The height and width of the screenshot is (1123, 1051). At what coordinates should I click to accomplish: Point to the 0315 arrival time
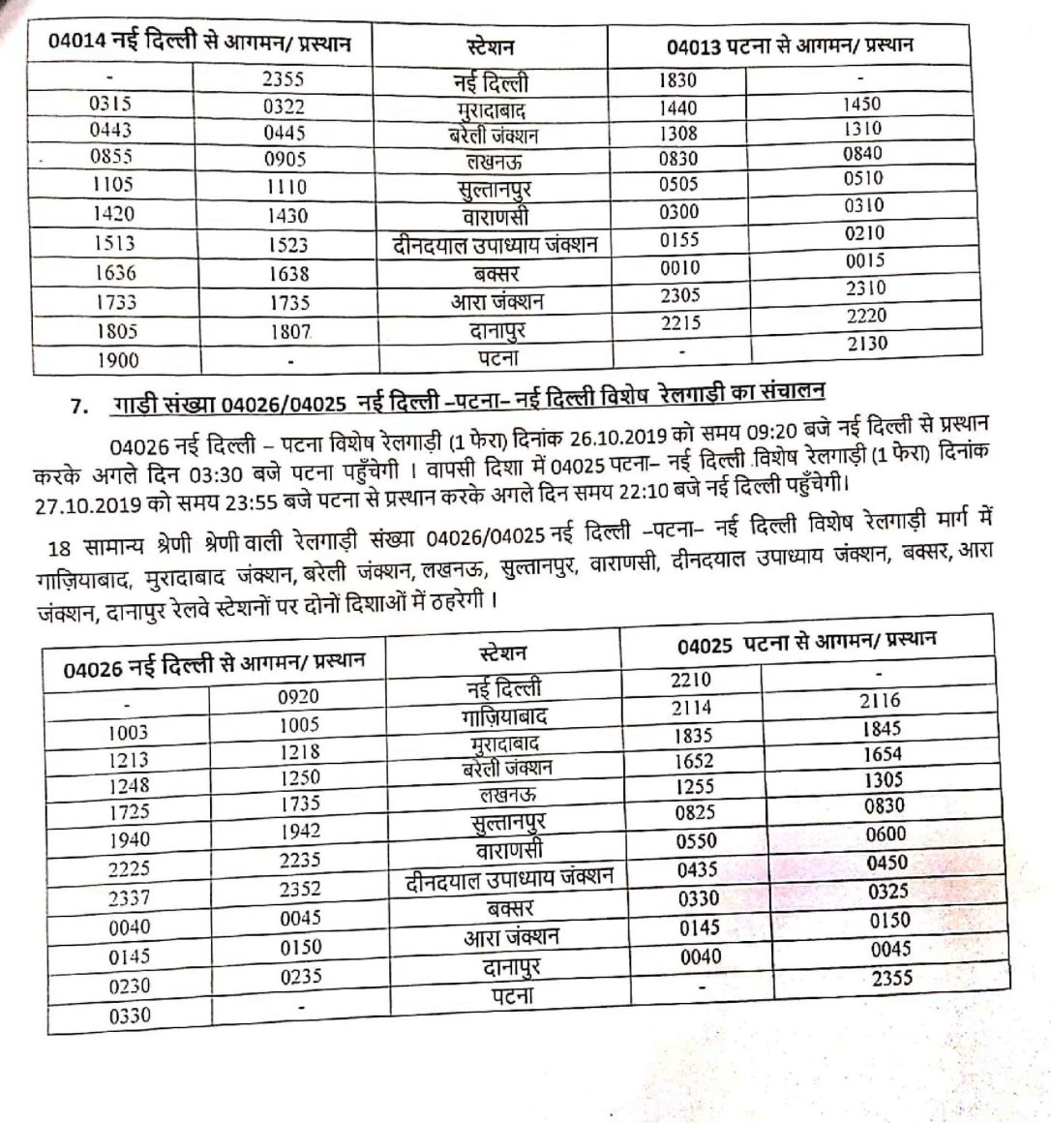click(109, 104)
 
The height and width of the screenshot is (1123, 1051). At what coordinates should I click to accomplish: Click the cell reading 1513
click(114, 243)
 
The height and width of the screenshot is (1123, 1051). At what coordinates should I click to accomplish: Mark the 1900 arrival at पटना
click(117, 360)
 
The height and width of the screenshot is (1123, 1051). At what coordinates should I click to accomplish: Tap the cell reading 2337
click(129, 898)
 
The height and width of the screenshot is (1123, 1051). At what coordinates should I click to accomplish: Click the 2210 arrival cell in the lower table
click(692, 681)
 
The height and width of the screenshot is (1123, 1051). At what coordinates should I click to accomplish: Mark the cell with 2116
click(879, 700)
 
